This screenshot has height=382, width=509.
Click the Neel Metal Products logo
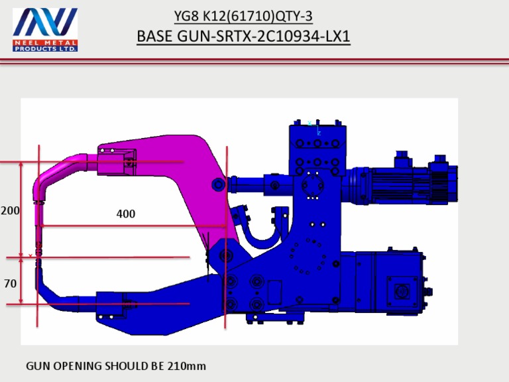click(x=45, y=30)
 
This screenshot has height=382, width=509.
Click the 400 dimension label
click(x=125, y=214)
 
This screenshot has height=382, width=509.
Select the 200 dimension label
click(x=10, y=210)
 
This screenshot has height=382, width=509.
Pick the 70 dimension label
click(x=10, y=283)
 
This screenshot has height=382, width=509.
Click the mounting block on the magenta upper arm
click(x=116, y=160)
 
